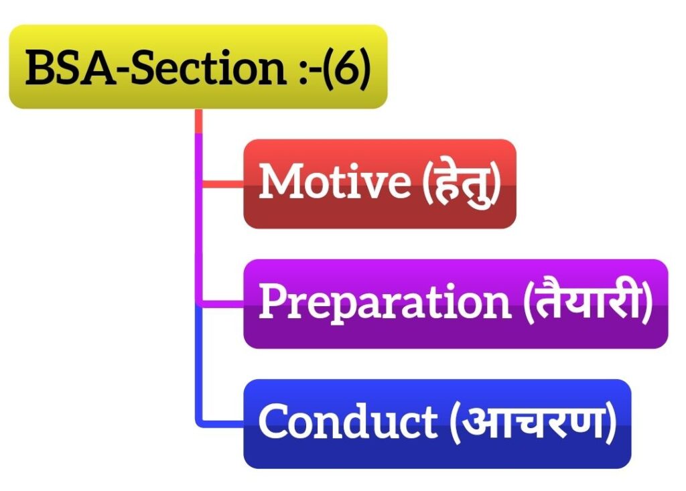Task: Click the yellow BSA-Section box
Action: [x=198, y=66]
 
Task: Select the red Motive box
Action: [x=380, y=184]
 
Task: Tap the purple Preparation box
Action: [x=456, y=303]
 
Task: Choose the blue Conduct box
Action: [x=437, y=423]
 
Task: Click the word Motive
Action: [x=335, y=181]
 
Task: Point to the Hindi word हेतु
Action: [x=461, y=184]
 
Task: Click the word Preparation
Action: [x=385, y=303]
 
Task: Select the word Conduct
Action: [x=348, y=420]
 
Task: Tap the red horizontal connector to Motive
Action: [x=222, y=184]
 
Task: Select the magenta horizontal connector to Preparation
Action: [x=221, y=304]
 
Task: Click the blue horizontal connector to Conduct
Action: [x=221, y=423]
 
